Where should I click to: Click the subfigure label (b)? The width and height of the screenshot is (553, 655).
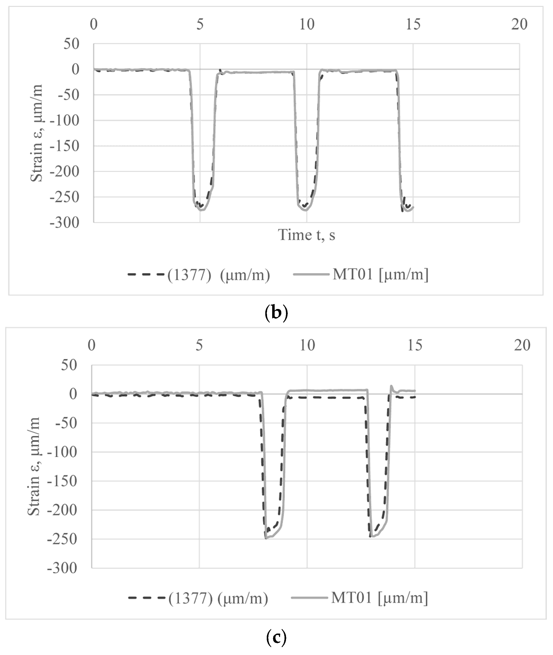[x=276, y=313]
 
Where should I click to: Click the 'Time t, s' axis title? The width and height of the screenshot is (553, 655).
[x=307, y=235]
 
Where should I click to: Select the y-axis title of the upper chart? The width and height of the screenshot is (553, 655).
[x=36, y=133]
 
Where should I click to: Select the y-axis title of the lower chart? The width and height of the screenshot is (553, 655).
[x=34, y=466]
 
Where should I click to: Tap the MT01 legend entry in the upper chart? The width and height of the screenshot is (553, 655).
[x=360, y=274]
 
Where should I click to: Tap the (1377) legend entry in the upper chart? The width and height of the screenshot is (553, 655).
[x=199, y=275]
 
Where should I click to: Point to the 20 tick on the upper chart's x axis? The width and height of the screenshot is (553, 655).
[x=519, y=24]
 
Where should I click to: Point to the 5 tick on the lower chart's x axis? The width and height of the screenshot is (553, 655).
[x=199, y=345]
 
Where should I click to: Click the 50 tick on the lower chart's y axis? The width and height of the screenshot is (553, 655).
[x=69, y=365]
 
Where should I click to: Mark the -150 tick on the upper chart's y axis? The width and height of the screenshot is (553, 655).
[x=65, y=146]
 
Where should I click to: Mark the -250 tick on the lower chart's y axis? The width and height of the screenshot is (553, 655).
[x=62, y=539]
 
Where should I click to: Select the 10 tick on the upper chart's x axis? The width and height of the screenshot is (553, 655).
[x=307, y=24]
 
